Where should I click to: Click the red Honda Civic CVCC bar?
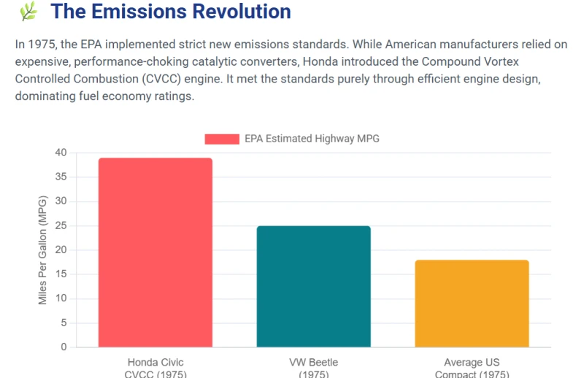(155, 252)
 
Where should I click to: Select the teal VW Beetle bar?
(314, 286)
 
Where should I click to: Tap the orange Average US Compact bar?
(472, 304)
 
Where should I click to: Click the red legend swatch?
(222, 139)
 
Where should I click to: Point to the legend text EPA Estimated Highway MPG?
(312, 139)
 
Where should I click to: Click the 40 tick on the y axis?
(61, 153)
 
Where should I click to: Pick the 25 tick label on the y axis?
(61, 225)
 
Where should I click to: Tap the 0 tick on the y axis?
(64, 347)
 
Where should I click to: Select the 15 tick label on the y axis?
(61, 274)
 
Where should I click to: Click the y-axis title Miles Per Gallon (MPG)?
(42, 250)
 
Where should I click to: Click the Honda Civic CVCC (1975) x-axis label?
(155, 369)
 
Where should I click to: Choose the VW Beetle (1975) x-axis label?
(314, 369)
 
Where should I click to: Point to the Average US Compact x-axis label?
(472, 369)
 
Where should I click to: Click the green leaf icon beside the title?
(28, 11)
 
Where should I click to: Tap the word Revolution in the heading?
(242, 11)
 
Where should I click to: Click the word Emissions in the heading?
(139, 11)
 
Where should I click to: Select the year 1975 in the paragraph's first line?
(42, 45)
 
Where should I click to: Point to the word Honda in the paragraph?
(320, 61)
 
